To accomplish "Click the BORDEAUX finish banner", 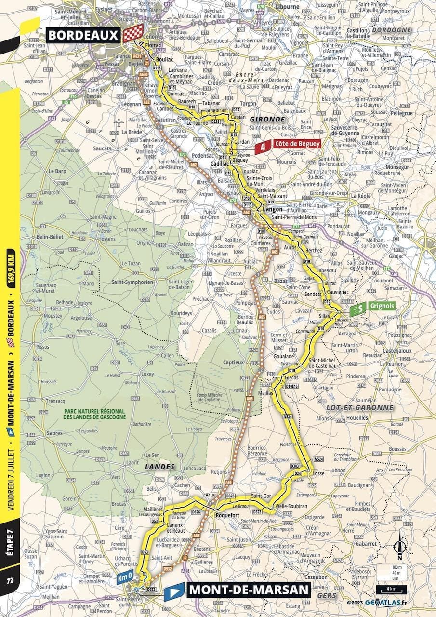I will pos(83,35).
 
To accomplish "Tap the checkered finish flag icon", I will pos(133,33).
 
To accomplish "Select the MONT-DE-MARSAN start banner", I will pos(248,590).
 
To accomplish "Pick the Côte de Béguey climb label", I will pos(296,144).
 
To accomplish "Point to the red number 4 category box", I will pos(263,144).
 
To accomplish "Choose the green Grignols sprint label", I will pos(383,306).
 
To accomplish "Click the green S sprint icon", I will pos(358,307).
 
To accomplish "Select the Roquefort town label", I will pos(227,514).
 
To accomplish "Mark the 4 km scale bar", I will pos(391,590).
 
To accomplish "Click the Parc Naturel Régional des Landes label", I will pos(95,414).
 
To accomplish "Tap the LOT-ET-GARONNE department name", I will pos(360,407).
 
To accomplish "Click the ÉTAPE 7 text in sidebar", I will pos(10,540).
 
